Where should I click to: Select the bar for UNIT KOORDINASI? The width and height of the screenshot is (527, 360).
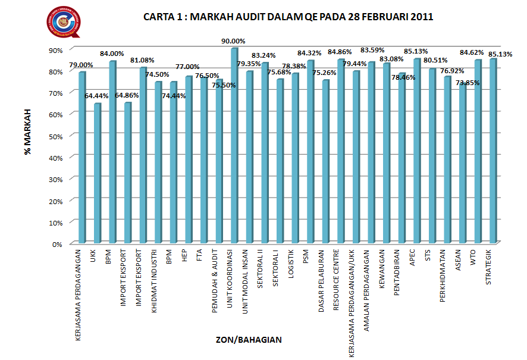click(x=234, y=146)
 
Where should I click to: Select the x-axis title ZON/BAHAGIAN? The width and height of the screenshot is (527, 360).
click(x=249, y=340)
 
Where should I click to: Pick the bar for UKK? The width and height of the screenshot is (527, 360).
click(x=97, y=173)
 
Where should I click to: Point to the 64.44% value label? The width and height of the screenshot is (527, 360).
click(x=97, y=96)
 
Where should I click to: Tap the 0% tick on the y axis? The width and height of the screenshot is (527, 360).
click(x=57, y=244)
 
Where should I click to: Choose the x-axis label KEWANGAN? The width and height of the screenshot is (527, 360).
click(x=382, y=268)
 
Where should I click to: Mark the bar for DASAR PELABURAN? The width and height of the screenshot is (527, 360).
click(x=325, y=161)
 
